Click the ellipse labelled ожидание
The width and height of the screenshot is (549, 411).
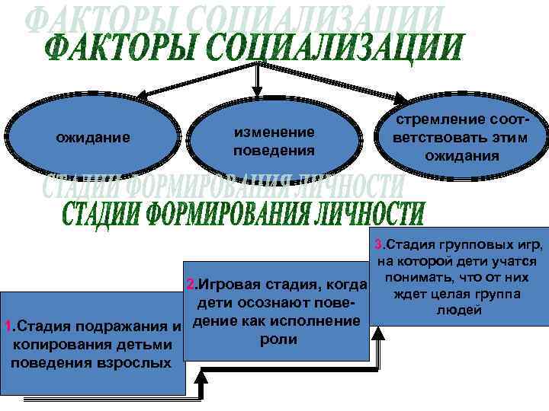tap(93, 138)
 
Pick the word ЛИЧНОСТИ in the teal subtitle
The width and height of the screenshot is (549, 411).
tap(366, 212)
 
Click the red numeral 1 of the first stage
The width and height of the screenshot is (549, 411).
tap(7, 328)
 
